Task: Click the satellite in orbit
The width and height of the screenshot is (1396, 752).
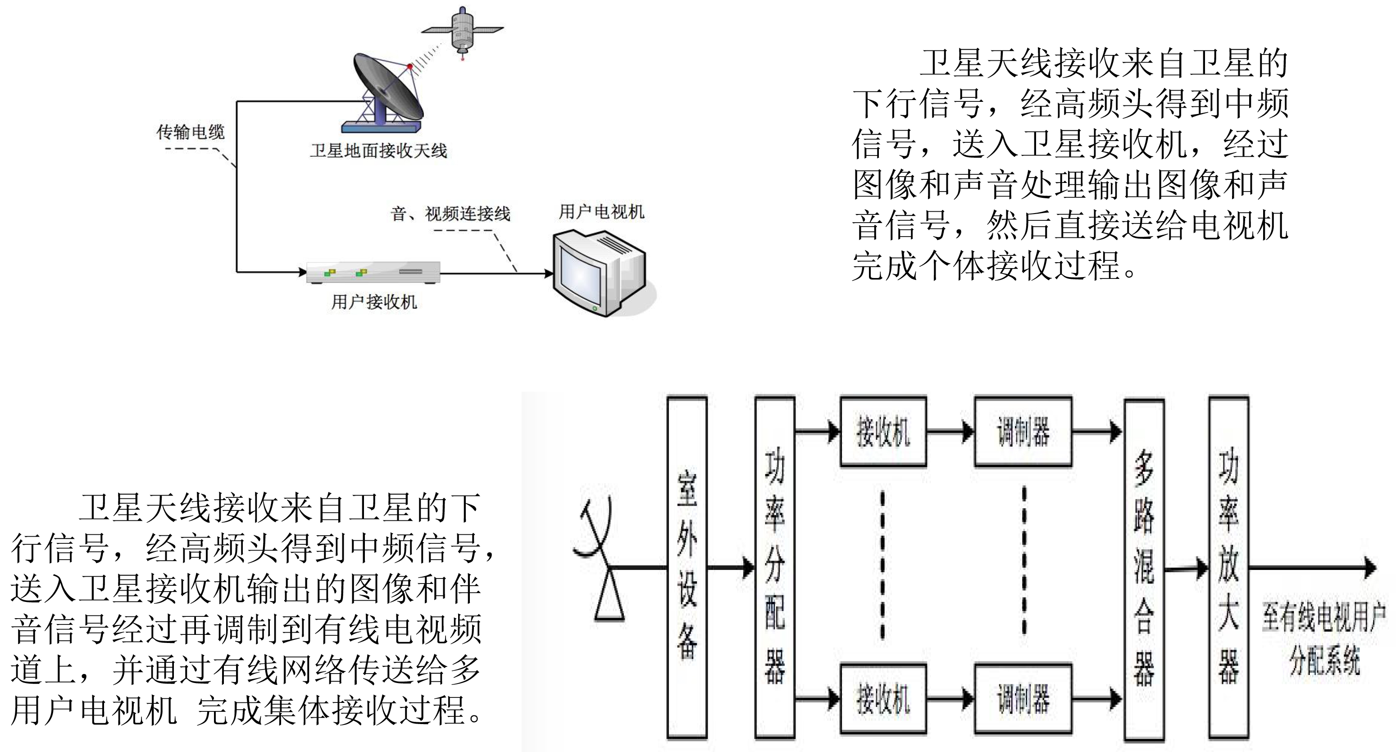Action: tap(462, 30)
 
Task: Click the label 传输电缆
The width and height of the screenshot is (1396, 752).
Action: tap(190, 132)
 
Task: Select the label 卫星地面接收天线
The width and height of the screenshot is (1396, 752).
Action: tap(378, 151)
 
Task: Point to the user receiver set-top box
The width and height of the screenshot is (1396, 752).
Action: tap(373, 272)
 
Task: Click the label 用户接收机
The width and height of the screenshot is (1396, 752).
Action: tap(374, 302)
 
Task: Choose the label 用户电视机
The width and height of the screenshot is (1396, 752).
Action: tap(601, 211)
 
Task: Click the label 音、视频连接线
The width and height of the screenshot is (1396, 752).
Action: tap(450, 214)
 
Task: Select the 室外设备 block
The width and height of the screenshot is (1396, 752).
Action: tap(687, 567)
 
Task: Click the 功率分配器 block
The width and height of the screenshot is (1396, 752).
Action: tap(775, 567)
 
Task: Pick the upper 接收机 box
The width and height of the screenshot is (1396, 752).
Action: tap(883, 432)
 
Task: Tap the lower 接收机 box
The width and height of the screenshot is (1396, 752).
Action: tap(883, 698)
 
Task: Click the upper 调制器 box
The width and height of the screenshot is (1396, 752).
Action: tap(1023, 432)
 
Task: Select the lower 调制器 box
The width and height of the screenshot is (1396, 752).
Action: tap(1023, 698)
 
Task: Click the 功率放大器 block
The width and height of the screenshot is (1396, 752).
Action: tap(1229, 567)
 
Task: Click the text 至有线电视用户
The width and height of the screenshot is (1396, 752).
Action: tap(1324, 618)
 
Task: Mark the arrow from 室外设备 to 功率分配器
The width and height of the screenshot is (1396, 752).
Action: tap(731, 568)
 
